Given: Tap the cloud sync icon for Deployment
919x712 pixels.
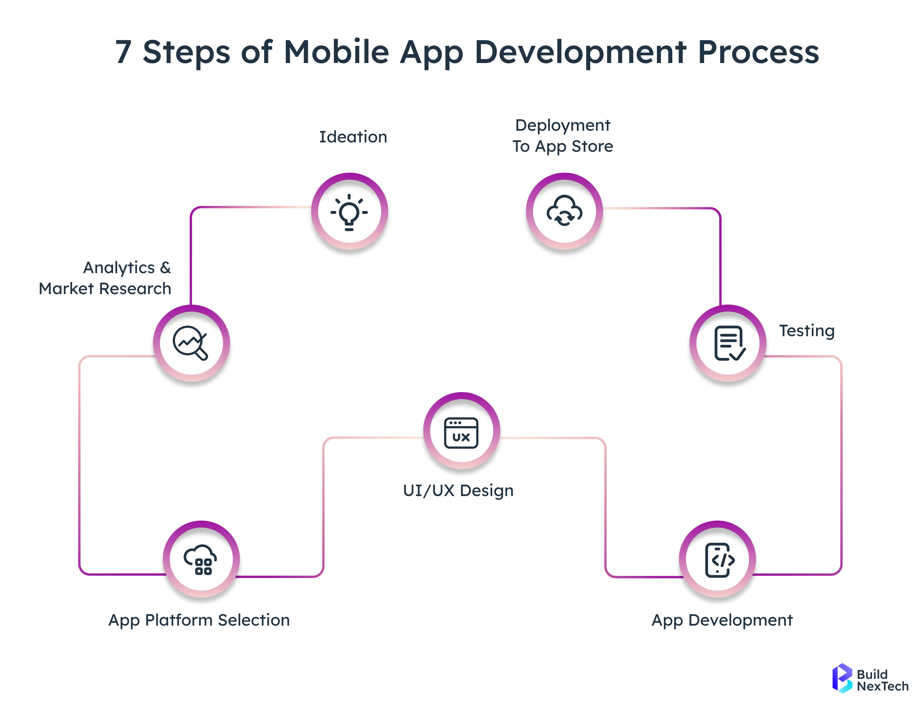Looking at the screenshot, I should (564, 211).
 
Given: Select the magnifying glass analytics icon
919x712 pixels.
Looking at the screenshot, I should (191, 343).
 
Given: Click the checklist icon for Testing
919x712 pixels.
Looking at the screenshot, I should (728, 343).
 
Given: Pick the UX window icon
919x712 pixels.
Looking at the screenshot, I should (461, 433).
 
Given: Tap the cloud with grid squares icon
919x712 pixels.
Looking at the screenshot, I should (201, 559).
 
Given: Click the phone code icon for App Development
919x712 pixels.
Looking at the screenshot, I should (718, 560).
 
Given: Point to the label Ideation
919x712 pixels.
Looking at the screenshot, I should (353, 137).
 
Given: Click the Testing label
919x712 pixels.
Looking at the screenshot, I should (807, 331).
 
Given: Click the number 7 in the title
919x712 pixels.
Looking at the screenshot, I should (123, 52).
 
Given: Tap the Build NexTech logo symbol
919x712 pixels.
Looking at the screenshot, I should (842, 678).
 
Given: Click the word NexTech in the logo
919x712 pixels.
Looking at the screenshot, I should (883, 686).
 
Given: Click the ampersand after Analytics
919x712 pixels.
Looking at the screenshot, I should (165, 268).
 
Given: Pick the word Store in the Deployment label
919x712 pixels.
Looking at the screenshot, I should (592, 147).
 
